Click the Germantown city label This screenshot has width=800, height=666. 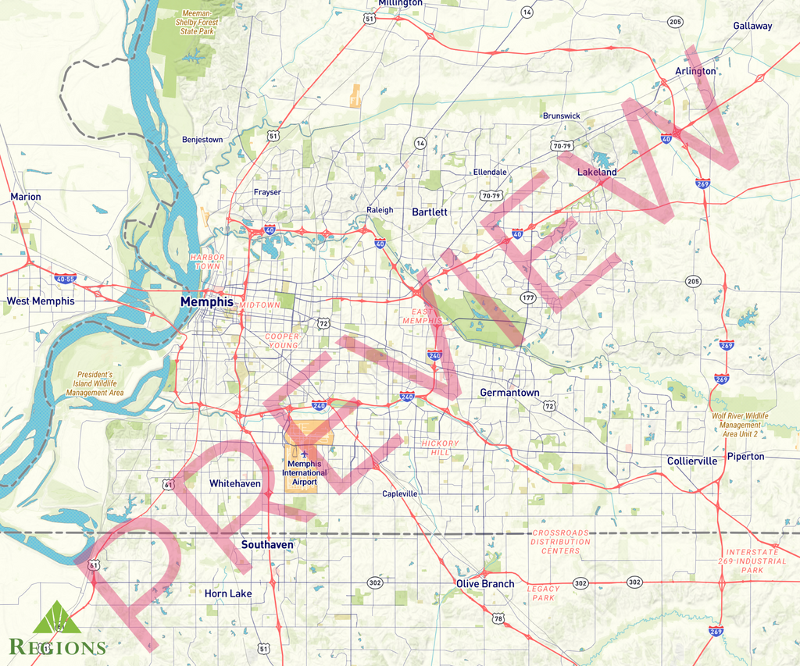click(x=509, y=392)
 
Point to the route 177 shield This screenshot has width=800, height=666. click(x=527, y=297)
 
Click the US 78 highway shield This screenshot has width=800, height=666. click(x=498, y=618)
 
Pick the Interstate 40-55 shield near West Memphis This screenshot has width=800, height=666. click(x=65, y=278)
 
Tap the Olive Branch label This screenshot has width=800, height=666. click(x=485, y=583)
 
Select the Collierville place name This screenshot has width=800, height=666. click(x=691, y=461)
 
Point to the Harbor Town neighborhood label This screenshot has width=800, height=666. click(x=208, y=262)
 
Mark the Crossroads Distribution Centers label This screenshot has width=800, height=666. click(x=561, y=541)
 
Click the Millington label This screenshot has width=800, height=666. click(x=400, y=4)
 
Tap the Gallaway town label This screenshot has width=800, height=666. click(x=752, y=26)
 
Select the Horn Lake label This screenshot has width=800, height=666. click(x=228, y=593)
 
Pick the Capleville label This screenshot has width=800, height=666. click(x=400, y=494)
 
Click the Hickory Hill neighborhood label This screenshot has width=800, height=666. click(x=440, y=448)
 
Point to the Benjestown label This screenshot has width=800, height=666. click(x=202, y=140)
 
